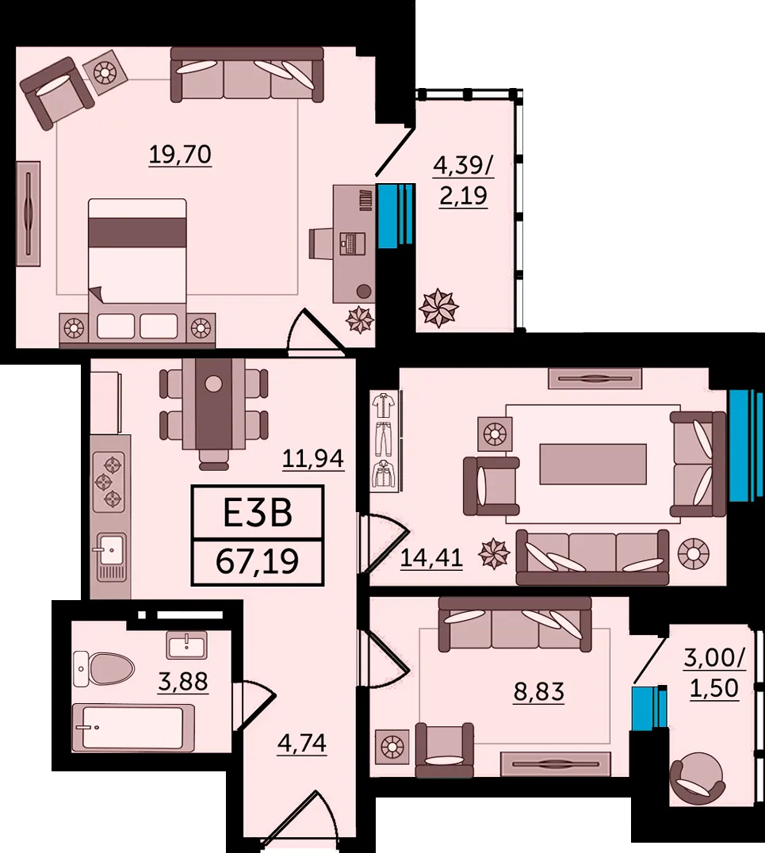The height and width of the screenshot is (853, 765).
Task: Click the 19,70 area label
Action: click(x=180, y=155)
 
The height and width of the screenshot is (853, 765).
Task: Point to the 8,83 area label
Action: click(x=538, y=692)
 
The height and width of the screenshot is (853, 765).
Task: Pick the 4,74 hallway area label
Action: click(x=301, y=743)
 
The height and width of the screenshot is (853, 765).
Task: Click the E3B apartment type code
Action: click(x=258, y=513)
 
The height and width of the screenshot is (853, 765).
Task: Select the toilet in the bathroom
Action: click(x=103, y=668)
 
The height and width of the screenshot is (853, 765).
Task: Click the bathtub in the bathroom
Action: click(x=132, y=728)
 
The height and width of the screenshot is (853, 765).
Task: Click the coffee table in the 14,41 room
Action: click(x=593, y=464)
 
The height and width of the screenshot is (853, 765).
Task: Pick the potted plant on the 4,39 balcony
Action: click(x=438, y=308)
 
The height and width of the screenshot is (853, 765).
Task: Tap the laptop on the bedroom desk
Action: click(x=352, y=243)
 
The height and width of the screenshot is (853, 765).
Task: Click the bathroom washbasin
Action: click(x=186, y=645)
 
